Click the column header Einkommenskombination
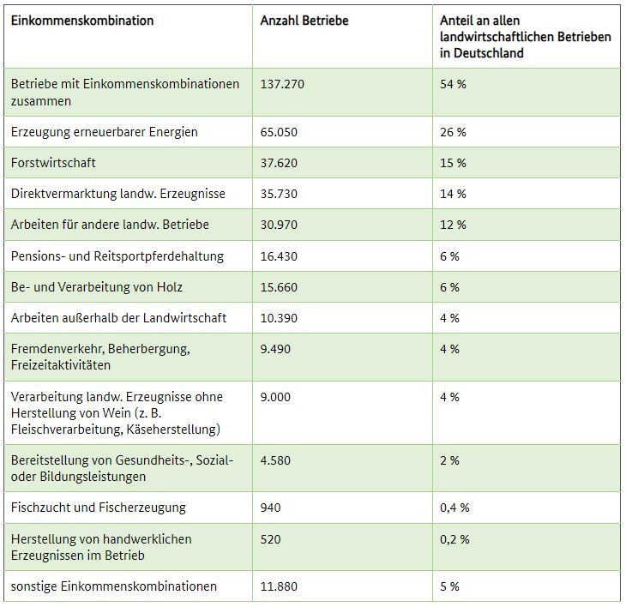(x=82, y=21)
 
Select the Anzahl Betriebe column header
(x=304, y=21)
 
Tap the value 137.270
(x=282, y=84)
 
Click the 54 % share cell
(x=453, y=84)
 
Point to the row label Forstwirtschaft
(x=53, y=163)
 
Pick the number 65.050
(x=279, y=132)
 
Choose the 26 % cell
(x=453, y=132)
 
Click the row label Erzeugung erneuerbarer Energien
(x=105, y=132)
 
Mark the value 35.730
(x=279, y=194)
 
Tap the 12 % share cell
(x=453, y=225)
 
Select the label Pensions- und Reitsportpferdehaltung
(x=117, y=256)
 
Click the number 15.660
(x=279, y=287)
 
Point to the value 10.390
(x=279, y=318)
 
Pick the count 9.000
(x=275, y=397)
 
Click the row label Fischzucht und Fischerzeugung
(x=99, y=508)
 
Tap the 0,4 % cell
(x=454, y=508)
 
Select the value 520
(x=270, y=539)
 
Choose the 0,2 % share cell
(x=454, y=539)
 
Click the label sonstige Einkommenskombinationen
(x=114, y=586)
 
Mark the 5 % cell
(x=449, y=586)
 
